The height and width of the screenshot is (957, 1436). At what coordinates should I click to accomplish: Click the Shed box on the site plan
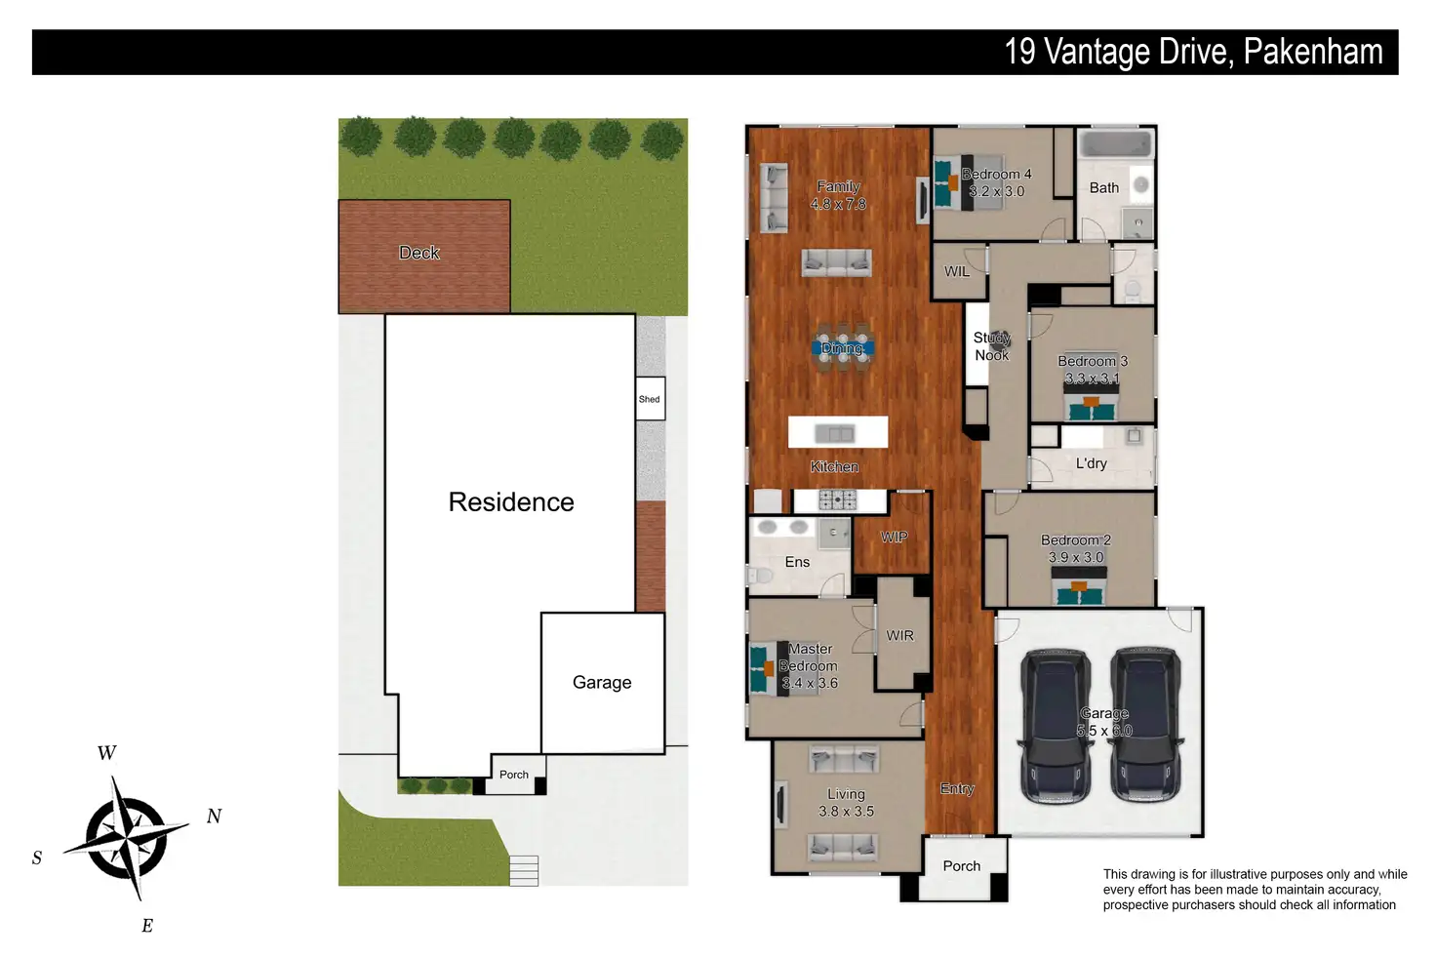point(650,399)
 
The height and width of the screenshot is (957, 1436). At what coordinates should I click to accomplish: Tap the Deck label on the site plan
point(419,253)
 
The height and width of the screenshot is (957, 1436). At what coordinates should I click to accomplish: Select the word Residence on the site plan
point(511,501)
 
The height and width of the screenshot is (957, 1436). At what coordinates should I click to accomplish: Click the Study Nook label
point(992,346)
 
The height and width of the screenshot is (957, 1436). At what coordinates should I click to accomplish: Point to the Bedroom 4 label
point(996,175)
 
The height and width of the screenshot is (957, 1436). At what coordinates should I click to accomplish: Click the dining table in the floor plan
point(842,348)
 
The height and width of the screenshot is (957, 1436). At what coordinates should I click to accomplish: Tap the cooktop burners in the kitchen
point(837,499)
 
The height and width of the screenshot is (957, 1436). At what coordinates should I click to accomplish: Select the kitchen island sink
point(835,434)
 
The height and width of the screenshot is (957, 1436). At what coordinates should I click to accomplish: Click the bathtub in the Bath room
point(1115,144)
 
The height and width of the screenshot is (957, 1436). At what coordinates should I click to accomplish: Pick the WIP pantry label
point(894,538)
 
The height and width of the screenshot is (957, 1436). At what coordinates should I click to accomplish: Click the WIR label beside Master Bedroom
point(899,635)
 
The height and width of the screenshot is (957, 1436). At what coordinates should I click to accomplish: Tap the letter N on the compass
point(214,816)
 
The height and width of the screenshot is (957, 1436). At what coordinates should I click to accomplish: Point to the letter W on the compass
point(107,752)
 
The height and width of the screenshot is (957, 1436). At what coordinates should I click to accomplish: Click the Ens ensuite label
point(797,562)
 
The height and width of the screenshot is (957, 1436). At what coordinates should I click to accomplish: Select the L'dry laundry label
point(1091,463)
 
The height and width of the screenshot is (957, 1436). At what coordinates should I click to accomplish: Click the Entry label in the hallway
point(957,789)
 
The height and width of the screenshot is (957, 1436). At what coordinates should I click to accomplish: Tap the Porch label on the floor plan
point(962,866)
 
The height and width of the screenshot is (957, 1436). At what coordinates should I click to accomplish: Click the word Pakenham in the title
point(1313,52)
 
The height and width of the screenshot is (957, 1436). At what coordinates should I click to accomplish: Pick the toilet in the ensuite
point(760,576)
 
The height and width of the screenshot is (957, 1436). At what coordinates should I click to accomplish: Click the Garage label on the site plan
point(602,682)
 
